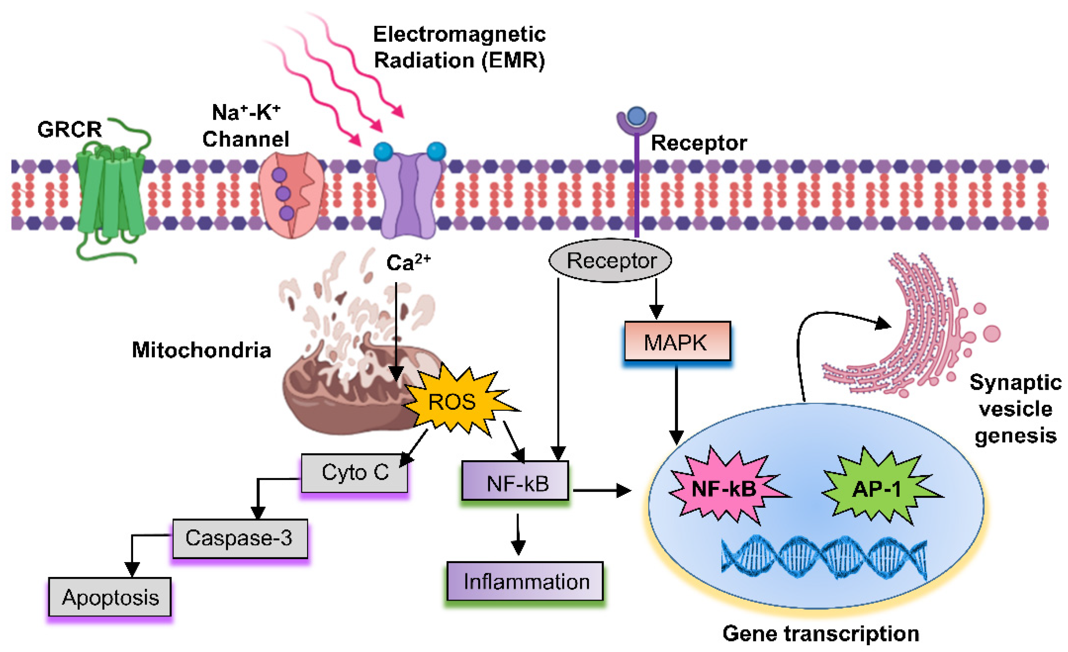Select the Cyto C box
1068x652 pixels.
pyautogui.click(x=355, y=473)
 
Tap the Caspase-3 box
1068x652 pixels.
pyautogui.click(x=240, y=538)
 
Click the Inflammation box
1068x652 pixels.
pyautogui.click(x=525, y=581)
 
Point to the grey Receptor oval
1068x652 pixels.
pyautogui.click(x=610, y=260)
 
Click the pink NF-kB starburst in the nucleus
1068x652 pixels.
pyautogui.click(x=724, y=488)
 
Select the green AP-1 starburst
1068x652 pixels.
pyautogui.click(x=877, y=488)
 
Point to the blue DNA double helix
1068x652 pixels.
pyautogui.click(x=824, y=557)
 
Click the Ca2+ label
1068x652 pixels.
pyautogui.click(x=408, y=262)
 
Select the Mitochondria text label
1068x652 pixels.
pyautogui.click(x=202, y=350)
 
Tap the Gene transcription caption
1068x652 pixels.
pyautogui.click(x=820, y=634)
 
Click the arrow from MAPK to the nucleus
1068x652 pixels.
pyautogui.click(x=676, y=403)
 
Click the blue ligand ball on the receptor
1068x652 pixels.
pyautogui.click(x=636, y=116)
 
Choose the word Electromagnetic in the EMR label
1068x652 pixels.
pyautogui.click(x=459, y=34)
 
